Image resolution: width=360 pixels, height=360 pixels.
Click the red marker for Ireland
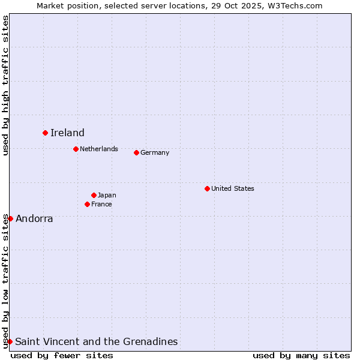pyautogui.click(x=45, y=133)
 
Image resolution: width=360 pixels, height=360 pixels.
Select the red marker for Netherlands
pyautogui.click(x=76, y=149)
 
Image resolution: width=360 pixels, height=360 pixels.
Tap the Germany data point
pyautogui.click(x=136, y=152)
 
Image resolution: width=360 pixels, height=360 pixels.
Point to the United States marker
pyautogui.click(x=207, y=188)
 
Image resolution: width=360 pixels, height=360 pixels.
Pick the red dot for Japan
pyautogui.click(x=94, y=195)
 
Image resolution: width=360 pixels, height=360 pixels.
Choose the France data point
pyautogui.click(x=87, y=204)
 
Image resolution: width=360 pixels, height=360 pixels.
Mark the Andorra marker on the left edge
pyautogui.click(x=10, y=218)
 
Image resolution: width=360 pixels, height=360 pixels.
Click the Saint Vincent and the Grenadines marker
pyautogui.click(x=10, y=341)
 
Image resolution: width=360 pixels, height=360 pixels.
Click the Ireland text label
pyautogui.click(x=67, y=133)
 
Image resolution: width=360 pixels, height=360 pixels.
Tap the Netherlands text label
pyautogui.click(x=99, y=149)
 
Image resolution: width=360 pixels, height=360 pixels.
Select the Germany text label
pyautogui.click(x=155, y=152)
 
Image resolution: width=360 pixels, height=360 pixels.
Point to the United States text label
pyautogui.click(x=233, y=188)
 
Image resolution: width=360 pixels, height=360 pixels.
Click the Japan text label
pyautogui.click(x=107, y=195)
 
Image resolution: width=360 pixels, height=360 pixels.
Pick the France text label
pyautogui.click(x=101, y=204)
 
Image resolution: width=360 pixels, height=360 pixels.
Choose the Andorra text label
pyautogui.click(x=34, y=219)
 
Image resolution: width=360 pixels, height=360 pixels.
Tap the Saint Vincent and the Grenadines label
pyautogui.click(x=97, y=342)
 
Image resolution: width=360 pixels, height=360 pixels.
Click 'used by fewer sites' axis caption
pyautogui.click(x=62, y=355)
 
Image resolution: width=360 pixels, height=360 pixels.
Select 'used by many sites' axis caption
pyautogui.click(x=301, y=355)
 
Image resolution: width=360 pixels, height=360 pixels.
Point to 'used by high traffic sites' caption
pyautogui.click(x=5, y=85)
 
